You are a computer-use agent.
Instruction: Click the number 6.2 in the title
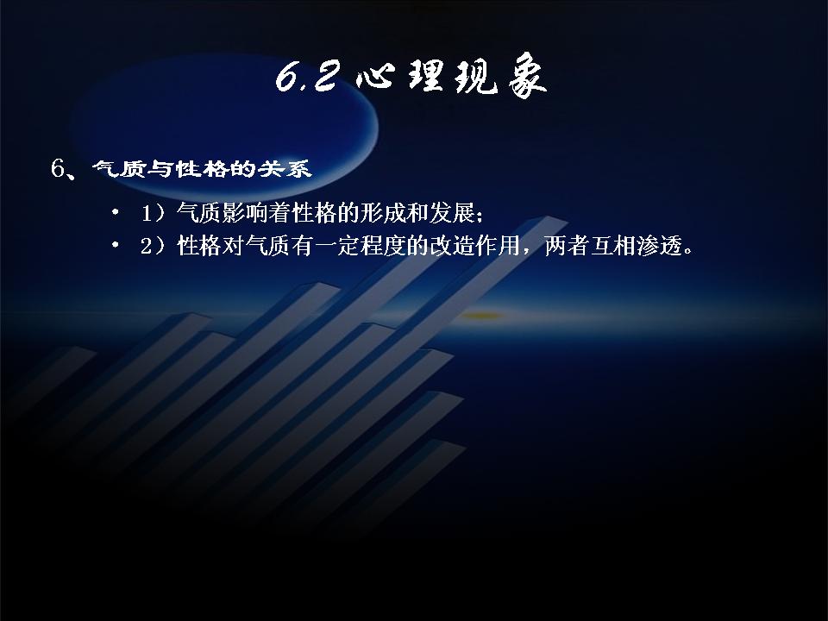[306, 77]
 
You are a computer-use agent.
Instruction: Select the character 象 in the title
[527, 76]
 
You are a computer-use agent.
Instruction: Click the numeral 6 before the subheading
[58, 168]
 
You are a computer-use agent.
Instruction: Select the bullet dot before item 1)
[115, 213]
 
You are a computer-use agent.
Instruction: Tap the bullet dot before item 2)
[115, 246]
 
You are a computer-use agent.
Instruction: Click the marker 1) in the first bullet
[154, 213]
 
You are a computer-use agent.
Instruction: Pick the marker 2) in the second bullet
[154, 246]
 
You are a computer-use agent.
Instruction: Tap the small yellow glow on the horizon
[481, 316]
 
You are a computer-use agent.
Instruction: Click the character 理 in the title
[427, 77]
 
